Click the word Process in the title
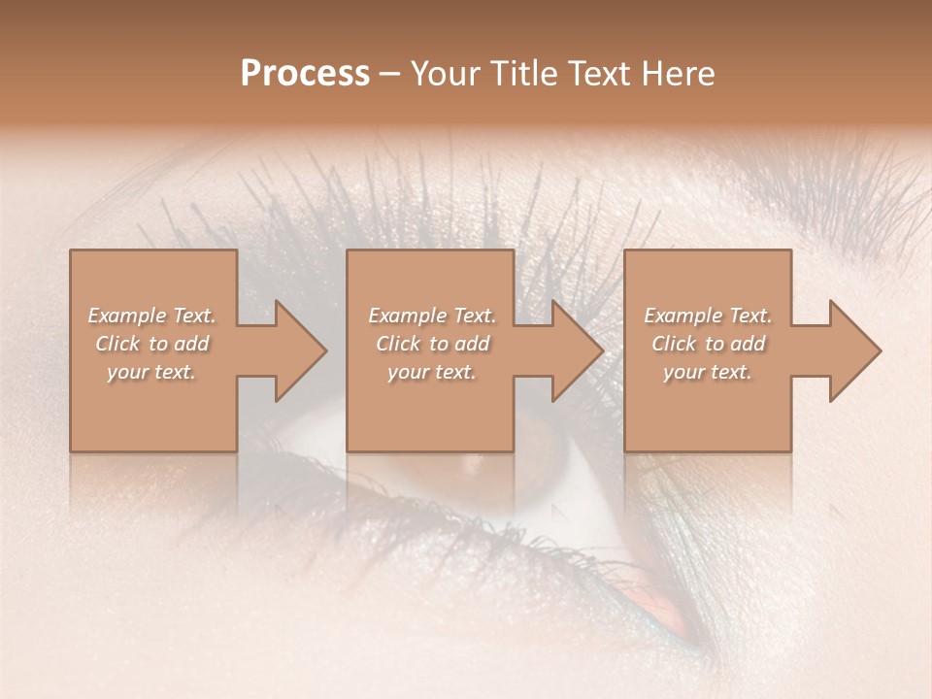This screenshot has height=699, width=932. [x=305, y=74]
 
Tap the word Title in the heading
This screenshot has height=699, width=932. [x=525, y=74]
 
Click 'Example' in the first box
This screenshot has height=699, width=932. [x=125, y=316]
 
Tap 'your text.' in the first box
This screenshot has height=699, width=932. [x=151, y=372]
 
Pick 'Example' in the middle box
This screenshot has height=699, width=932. [x=406, y=316]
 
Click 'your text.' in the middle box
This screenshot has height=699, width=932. [x=432, y=372]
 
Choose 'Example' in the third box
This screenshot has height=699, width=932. [x=682, y=316]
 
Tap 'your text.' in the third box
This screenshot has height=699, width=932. [x=708, y=372]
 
